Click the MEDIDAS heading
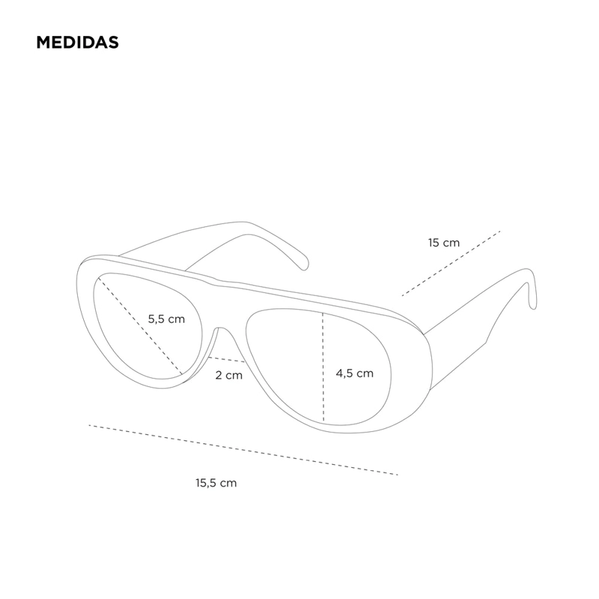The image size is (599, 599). tap(78, 43)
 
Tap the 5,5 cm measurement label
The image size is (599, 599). tap(166, 319)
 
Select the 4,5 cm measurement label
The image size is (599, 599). tap(354, 373)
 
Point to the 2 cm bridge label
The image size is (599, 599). tap(229, 375)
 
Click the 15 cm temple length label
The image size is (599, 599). tap(444, 243)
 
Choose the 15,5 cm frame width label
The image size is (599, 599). tap(216, 483)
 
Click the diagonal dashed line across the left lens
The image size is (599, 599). tap(140, 326)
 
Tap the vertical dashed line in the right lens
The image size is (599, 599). tap(323, 367)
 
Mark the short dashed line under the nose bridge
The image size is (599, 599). tap(227, 359)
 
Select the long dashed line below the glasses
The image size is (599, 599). tap(243, 450)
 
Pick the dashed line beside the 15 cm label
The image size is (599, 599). tap(451, 264)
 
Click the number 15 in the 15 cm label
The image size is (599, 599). tap(434, 243)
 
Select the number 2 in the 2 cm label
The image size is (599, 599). tap(219, 375)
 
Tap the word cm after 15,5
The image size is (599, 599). tap(228, 484)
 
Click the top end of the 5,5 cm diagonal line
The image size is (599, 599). tap(99, 278)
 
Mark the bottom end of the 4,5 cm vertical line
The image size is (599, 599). tap(323, 422)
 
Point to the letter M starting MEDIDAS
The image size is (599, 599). tap(43, 43)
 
